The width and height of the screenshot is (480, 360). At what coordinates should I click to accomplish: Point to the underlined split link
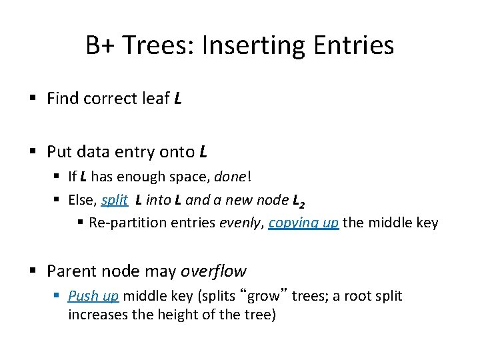tap(114, 199)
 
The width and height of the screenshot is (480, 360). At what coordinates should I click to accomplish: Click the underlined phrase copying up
tap(303, 223)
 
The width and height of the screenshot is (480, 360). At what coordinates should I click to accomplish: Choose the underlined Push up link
tap(93, 296)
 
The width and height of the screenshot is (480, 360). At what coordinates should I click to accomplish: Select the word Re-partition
tap(125, 223)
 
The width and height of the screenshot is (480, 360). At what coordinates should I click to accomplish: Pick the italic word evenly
tap(241, 223)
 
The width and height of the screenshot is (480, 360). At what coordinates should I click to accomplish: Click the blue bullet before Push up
tap(59, 296)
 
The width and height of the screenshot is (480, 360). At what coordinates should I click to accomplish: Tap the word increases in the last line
tap(95, 314)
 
